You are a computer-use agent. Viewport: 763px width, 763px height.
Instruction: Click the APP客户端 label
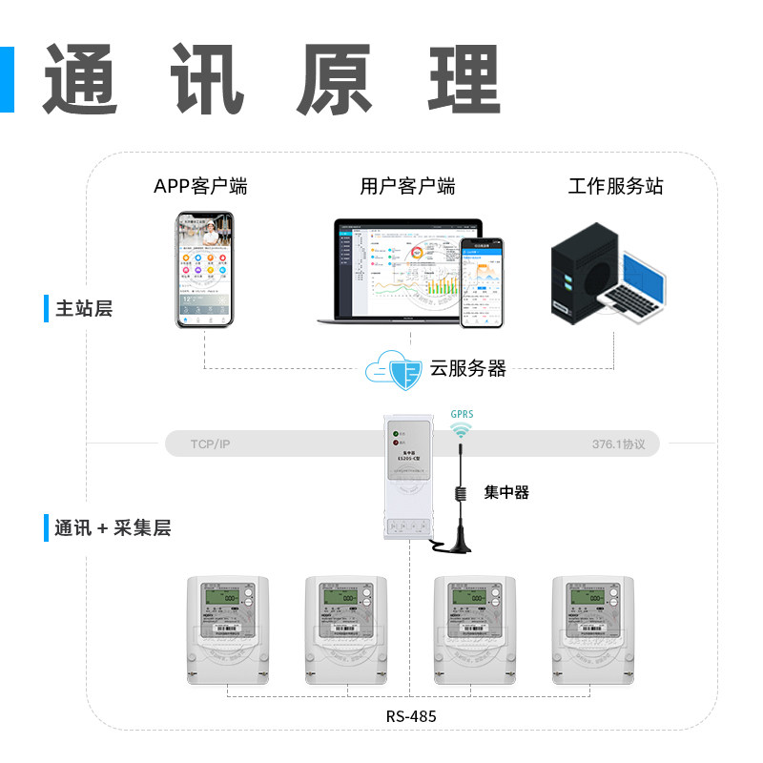(x=200, y=186)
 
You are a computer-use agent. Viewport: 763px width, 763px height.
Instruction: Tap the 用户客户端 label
(x=407, y=186)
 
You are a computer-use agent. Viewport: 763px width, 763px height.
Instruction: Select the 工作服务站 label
(x=615, y=186)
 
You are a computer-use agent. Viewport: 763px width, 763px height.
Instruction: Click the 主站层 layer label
(x=84, y=309)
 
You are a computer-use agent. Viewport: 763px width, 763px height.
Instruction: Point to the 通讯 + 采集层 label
(x=113, y=527)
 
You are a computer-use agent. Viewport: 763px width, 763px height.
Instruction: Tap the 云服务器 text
(x=467, y=369)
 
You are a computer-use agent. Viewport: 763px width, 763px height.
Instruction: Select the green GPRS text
(x=462, y=415)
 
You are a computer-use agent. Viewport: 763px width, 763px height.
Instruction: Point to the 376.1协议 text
(x=618, y=444)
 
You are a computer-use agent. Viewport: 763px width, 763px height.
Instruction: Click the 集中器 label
(x=505, y=493)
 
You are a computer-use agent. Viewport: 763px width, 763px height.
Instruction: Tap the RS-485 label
(x=412, y=715)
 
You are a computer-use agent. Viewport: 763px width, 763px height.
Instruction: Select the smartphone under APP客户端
(x=205, y=270)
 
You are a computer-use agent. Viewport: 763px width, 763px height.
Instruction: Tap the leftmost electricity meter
(x=226, y=630)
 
